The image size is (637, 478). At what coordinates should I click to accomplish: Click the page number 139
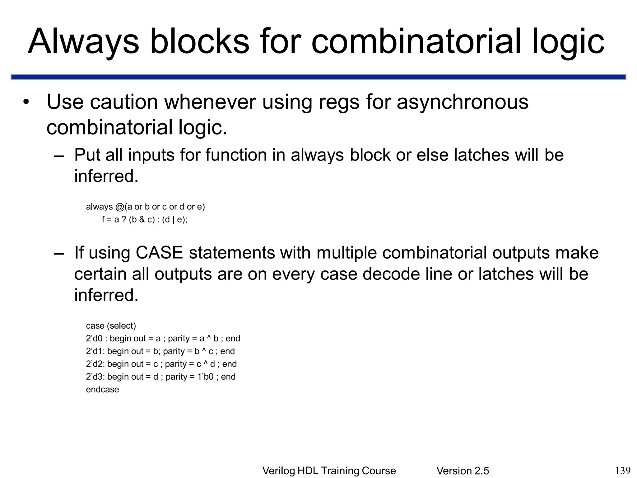coord(623,470)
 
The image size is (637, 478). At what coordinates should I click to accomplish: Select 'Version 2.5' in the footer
coord(463,471)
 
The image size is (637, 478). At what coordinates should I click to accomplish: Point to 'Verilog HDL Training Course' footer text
coord(329,471)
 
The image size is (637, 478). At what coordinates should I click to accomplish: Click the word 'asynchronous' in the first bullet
coord(463,102)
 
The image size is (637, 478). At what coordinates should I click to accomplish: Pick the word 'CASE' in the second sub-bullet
coord(159,252)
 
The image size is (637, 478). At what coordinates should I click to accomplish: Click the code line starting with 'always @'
coord(145,207)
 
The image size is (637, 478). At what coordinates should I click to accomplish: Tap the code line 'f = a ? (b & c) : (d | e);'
coord(145,220)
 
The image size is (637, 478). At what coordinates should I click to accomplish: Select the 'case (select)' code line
coord(111,326)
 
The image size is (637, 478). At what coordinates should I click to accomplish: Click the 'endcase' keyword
coord(102,390)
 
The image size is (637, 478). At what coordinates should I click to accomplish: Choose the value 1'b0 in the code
coord(206,377)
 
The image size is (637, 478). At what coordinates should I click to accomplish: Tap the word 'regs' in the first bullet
coord(339,102)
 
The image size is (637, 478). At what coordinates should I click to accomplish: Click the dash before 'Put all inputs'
coord(59,155)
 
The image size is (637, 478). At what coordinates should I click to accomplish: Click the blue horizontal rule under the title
coord(318,77)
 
